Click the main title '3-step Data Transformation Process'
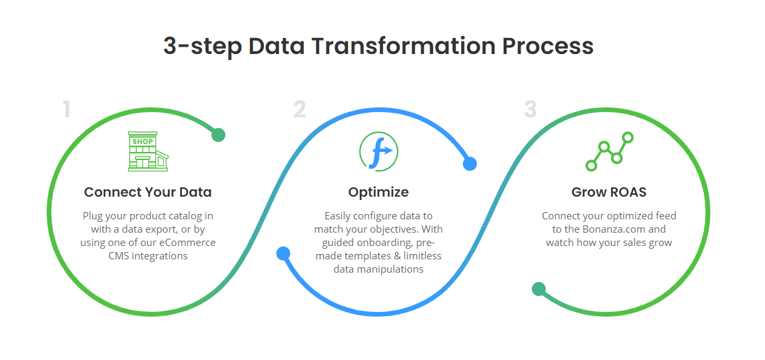tap(378, 47)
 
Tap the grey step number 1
tap(67, 110)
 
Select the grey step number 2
tap(300, 110)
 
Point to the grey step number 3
tap(530, 110)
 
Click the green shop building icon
tap(148, 151)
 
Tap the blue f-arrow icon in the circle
tap(379, 151)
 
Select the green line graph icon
tap(609, 151)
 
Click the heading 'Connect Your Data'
tap(148, 192)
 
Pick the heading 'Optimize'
tap(379, 192)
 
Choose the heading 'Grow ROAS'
tap(609, 192)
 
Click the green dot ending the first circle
tap(218, 135)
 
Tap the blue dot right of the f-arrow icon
tap(469, 163)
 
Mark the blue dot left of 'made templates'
tap(283, 253)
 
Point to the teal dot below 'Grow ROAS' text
tap(538, 289)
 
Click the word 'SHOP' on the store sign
tap(143, 141)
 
